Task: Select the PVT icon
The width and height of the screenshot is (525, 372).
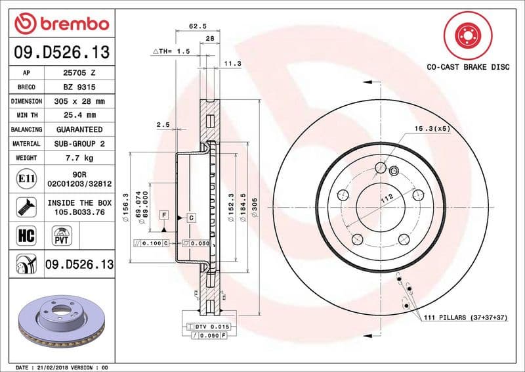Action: (63, 235)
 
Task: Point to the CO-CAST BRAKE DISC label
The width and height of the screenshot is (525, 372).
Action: (468, 67)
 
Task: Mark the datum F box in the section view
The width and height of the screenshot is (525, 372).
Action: (163, 215)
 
